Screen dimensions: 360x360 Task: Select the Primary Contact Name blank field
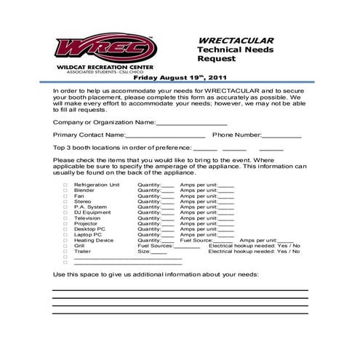click(166, 135)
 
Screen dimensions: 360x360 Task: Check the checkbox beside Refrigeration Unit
click(65, 185)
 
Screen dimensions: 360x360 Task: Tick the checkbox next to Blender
click(65, 191)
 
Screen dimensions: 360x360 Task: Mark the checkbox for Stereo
click(65, 201)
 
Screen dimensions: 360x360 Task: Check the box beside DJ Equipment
click(65, 212)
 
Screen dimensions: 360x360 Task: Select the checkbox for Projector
click(65, 224)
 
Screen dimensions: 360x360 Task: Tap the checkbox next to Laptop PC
click(65, 235)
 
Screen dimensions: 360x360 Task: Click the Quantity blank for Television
click(168, 218)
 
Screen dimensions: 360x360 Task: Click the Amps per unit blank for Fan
click(226, 196)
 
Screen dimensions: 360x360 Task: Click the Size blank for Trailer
click(159, 252)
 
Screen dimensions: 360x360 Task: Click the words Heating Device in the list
click(94, 241)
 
